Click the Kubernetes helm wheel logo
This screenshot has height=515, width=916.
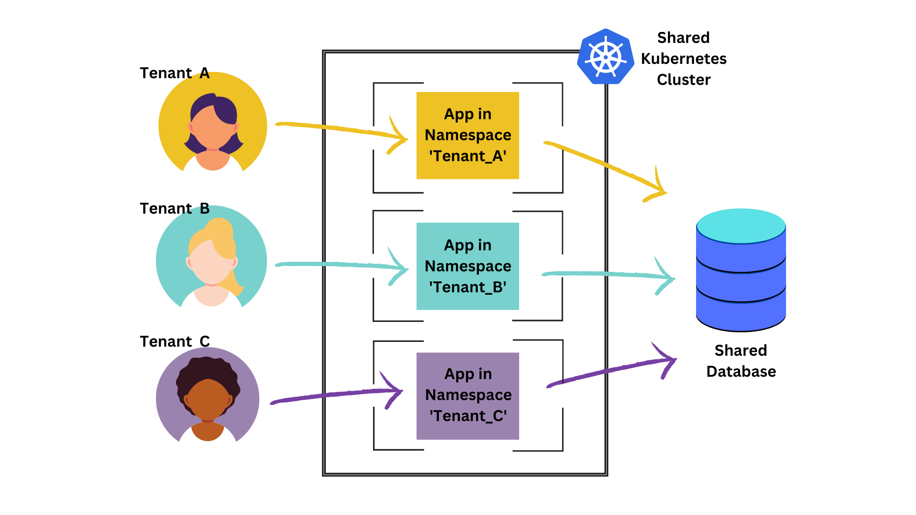click(x=605, y=57)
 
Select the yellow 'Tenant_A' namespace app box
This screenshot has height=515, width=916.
click(x=468, y=135)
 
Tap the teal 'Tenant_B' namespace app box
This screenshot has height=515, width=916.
click(x=468, y=266)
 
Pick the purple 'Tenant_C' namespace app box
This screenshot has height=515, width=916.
click(x=468, y=396)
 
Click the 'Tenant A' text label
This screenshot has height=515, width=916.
click(x=175, y=73)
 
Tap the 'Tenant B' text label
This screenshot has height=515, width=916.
click(x=175, y=208)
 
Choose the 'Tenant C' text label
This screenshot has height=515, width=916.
click(x=175, y=341)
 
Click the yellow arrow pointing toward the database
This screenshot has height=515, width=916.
click(x=606, y=165)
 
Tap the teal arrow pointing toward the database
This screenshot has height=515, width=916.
click(x=606, y=274)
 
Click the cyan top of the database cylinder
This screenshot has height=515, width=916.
click(x=741, y=226)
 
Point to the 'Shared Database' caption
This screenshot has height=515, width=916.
click(x=741, y=361)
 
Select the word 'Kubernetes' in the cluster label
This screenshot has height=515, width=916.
click(x=684, y=59)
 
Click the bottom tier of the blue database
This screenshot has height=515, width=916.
click(x=741, y=315)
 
